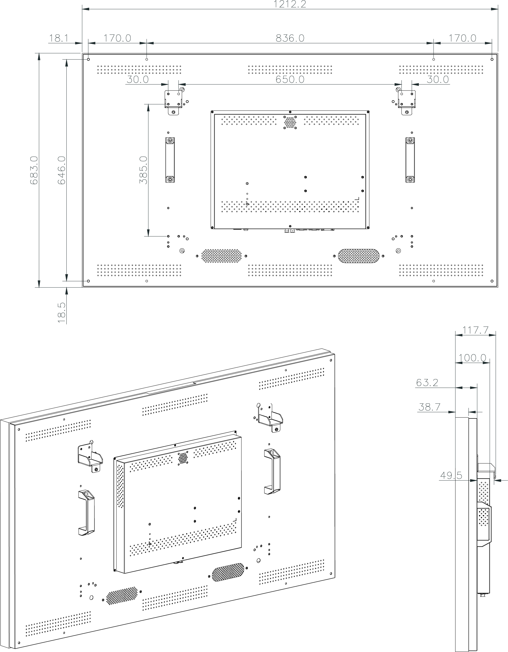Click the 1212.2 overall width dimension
[290, 4]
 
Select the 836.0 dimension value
[290, 38]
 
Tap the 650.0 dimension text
[290, 79]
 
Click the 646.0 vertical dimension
[62, 170]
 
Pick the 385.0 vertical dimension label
[143, 170]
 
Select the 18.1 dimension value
[58, 38]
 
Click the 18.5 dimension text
[62, 312]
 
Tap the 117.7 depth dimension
[476, 330]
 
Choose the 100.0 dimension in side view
[472, 358]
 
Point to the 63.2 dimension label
[427, 383]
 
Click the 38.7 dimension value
[429, 407]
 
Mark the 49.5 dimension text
[451, 475]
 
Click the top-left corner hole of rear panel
[88, 60]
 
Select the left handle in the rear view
[170, 160]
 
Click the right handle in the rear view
[410, 160]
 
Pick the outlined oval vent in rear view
[358, 256]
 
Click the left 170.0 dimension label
[117, 38]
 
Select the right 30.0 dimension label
[438, 79]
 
